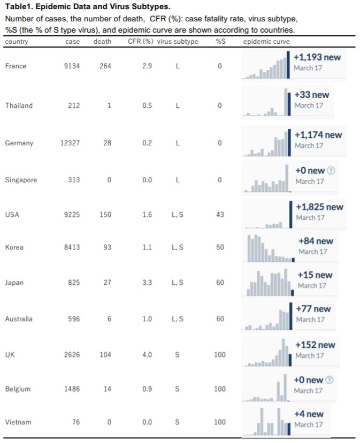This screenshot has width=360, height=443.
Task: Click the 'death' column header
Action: pyautogui.click(x=102, y=42)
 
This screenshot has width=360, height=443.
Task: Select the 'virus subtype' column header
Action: pyautogui.click(x=178, y=42)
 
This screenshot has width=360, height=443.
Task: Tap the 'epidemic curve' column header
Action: pyautogui.click(x=266, y=42)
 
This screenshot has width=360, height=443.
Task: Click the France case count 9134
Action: pyautogui.click(x=72, y=66)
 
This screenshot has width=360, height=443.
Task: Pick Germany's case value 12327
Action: pyautogui.click(x=70, y=143)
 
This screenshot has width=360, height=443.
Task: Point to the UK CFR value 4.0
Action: pyautogui.click(x=147, y=355)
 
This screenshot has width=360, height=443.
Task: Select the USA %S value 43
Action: pyautogui.click(x=220, y=215)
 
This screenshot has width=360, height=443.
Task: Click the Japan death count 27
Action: pyautogui.click(x=107, y=283)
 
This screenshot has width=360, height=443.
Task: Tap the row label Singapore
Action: pyautogui.click(x=21, y=180)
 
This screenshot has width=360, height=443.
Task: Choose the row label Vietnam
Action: pyautogui.click(x=18, y=422)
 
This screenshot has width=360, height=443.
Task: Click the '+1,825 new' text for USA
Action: pyautogui.click(x=319, y=207)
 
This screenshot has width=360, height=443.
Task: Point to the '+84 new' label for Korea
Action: pyautogui.click(x=316, y=241)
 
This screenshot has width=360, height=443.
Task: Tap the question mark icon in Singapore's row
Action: pyautogui.click(x=331, y=170)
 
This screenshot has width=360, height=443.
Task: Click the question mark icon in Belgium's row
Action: pyautogui.click(x=330, y=380)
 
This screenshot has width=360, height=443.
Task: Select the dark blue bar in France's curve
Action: pyautogui.click(x=288, y=65)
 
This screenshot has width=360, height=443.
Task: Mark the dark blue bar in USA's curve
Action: pyautogui.click(x=290, y=214)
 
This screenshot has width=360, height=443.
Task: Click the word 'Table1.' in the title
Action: pyautogui.click(x=19, y=6)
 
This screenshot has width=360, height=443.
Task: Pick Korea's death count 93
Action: pyautogui.click(x=107, y=247)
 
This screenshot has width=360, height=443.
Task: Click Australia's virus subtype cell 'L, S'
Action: pyautogui.click(x=177, y=319)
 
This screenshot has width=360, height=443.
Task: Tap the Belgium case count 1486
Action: pyautogui.click(x=72, y=389)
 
